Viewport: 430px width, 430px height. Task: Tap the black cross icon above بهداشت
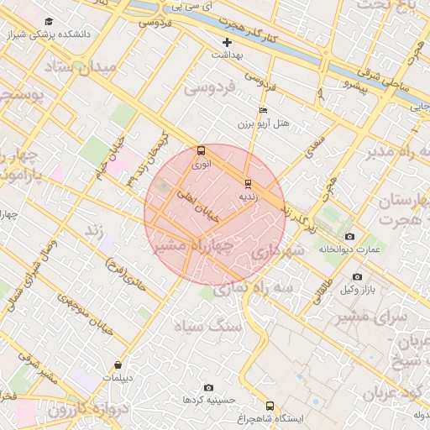click(226, 41)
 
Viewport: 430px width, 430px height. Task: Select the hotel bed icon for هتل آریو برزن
click(264, 110)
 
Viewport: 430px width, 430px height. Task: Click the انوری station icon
click(200, 151)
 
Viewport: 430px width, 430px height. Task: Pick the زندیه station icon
click(247, 183)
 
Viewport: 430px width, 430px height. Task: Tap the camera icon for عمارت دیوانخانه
click(350, 236)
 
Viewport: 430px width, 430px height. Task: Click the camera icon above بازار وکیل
click(357, 276)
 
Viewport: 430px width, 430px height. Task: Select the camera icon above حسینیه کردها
click(208, 387)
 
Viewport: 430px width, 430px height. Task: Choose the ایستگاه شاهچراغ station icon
click(270, 405)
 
